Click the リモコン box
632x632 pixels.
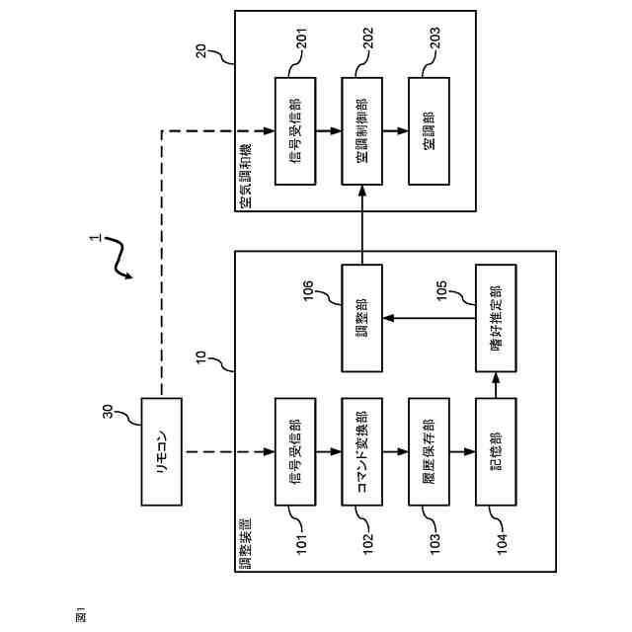pos(163,451)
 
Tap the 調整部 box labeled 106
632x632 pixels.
pos(361,318)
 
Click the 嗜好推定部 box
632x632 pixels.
pos(495,318)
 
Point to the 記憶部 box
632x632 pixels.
pos(495,451)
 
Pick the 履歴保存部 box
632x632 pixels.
pos(428,451)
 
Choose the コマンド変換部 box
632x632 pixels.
pos(361,451)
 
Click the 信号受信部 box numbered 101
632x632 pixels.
pos(294,451)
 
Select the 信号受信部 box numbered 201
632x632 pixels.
pos(294,130)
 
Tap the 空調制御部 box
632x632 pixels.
pos(361,130)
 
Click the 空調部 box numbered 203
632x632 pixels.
pos(428,130)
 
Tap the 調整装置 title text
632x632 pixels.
pos(245,542)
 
